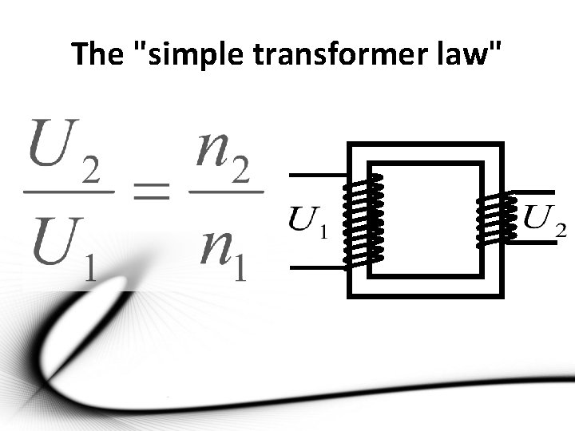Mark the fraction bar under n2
pyautogui.click(x=226, y=192)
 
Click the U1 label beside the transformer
pyautogui.click(x=307, y=223)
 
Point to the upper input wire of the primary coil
pyautogui.click(x=315, y=175)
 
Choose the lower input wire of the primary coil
pyautogui.click(x=315, y=268)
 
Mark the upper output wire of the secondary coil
pyautogui.click(x=530, y=192)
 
